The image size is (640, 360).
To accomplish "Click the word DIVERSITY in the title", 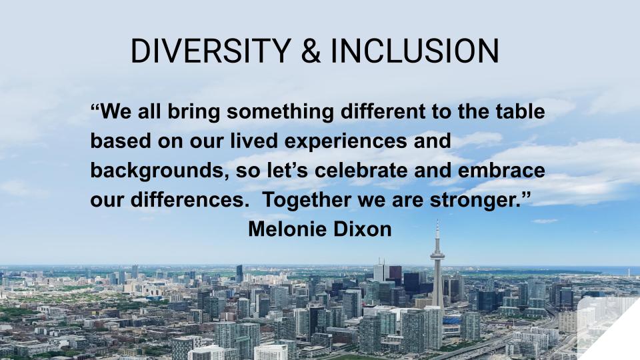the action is [x=211, y=51].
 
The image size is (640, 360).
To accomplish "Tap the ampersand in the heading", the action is [x=311, y=51].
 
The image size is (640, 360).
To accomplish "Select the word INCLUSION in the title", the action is [x=415, y=51].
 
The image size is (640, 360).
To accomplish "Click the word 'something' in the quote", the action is [x=281, y=112].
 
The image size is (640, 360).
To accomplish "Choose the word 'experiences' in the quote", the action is [x=345, y=141].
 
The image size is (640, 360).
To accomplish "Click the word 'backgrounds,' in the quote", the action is [x=159, y=171].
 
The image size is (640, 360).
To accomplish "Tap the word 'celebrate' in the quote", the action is [x=361, y=170].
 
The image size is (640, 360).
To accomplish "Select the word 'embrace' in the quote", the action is [x=501, y=170].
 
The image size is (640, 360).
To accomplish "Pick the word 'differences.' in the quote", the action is [x=190, y=199].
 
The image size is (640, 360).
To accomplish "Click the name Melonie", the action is [x=289, y=229].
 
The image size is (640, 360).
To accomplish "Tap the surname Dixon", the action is [x=363, y=229].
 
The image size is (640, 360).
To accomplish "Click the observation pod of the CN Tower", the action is [x=437, y=256].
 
